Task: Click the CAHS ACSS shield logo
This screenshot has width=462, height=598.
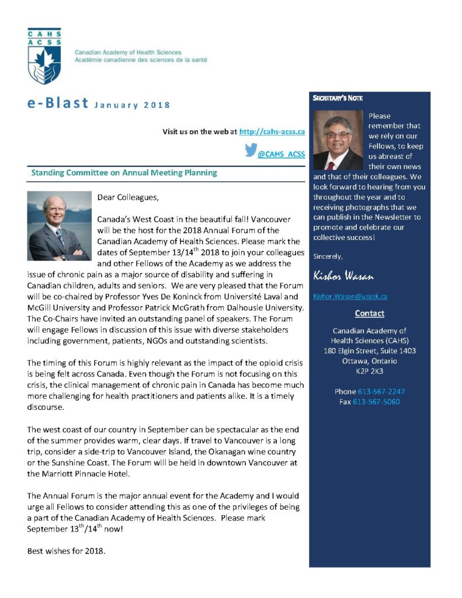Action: pos(44,56)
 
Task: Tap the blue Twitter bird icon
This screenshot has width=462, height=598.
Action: pos(251,151)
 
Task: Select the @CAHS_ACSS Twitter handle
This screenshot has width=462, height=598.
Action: pos(282,154)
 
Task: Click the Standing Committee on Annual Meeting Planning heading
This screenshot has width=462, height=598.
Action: pos(124,173)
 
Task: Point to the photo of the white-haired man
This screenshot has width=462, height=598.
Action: pos(60,225)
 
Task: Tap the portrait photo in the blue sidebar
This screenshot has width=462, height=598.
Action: pos(338,141)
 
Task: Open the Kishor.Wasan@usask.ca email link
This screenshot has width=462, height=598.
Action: pos(350,296)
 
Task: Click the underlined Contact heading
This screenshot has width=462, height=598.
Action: pos(369,314)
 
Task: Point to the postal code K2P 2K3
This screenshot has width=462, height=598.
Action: pos(369,371)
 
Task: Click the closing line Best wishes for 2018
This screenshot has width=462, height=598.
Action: pos(67,551)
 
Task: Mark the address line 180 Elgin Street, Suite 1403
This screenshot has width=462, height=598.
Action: pos(369,350)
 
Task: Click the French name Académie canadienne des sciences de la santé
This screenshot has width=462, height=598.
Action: pos(141,60)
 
